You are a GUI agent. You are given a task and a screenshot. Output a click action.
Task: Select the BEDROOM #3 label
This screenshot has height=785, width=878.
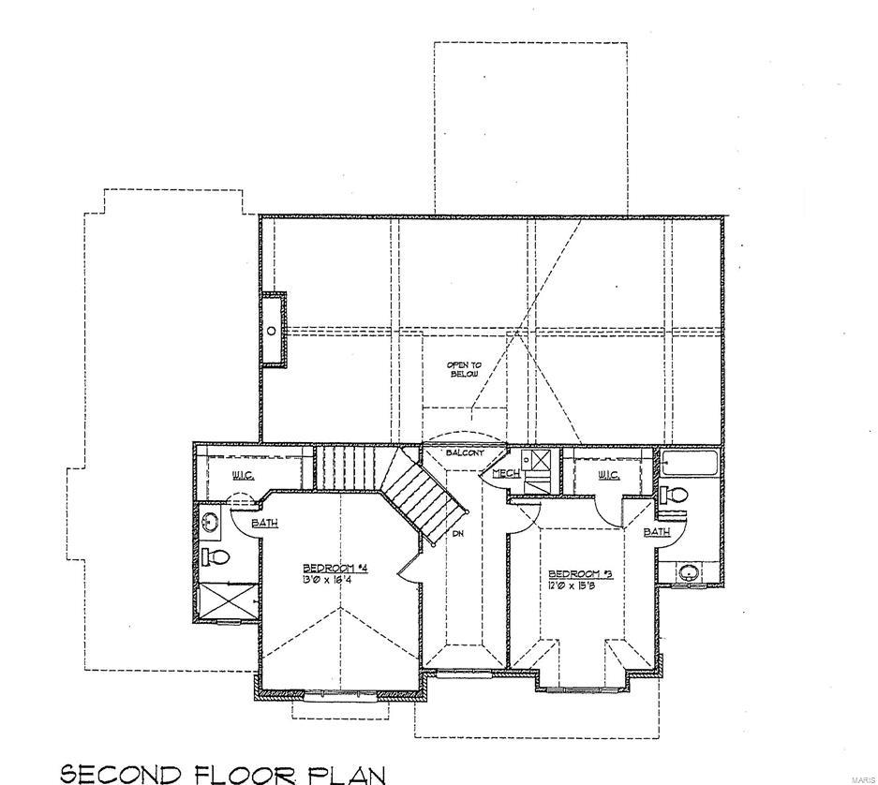(580, 573)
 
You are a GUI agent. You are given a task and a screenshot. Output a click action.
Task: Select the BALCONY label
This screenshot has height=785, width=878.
(464, 452)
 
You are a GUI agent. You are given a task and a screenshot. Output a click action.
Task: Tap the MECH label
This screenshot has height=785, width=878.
(506, 474)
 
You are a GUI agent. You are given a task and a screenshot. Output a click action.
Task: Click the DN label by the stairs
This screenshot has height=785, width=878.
(458, 533)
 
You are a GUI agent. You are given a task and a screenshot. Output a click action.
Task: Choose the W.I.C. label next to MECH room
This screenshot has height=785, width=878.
(609, 475)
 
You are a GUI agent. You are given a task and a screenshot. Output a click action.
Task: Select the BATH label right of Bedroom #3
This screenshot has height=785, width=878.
(656, 531)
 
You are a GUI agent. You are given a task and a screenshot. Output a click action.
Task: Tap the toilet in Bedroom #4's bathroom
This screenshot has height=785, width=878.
(216, 557)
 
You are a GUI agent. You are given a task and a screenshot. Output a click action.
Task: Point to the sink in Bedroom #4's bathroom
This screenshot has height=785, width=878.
(210, 521)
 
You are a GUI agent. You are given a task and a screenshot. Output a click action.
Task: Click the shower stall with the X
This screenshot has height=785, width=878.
(227, 600)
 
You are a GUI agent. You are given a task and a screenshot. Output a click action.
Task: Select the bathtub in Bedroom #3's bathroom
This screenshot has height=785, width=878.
(689, 463)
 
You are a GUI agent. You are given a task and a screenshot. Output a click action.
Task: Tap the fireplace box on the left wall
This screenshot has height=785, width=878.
(273, 329)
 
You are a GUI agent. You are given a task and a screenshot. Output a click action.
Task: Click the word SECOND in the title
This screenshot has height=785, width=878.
(120, 773)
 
